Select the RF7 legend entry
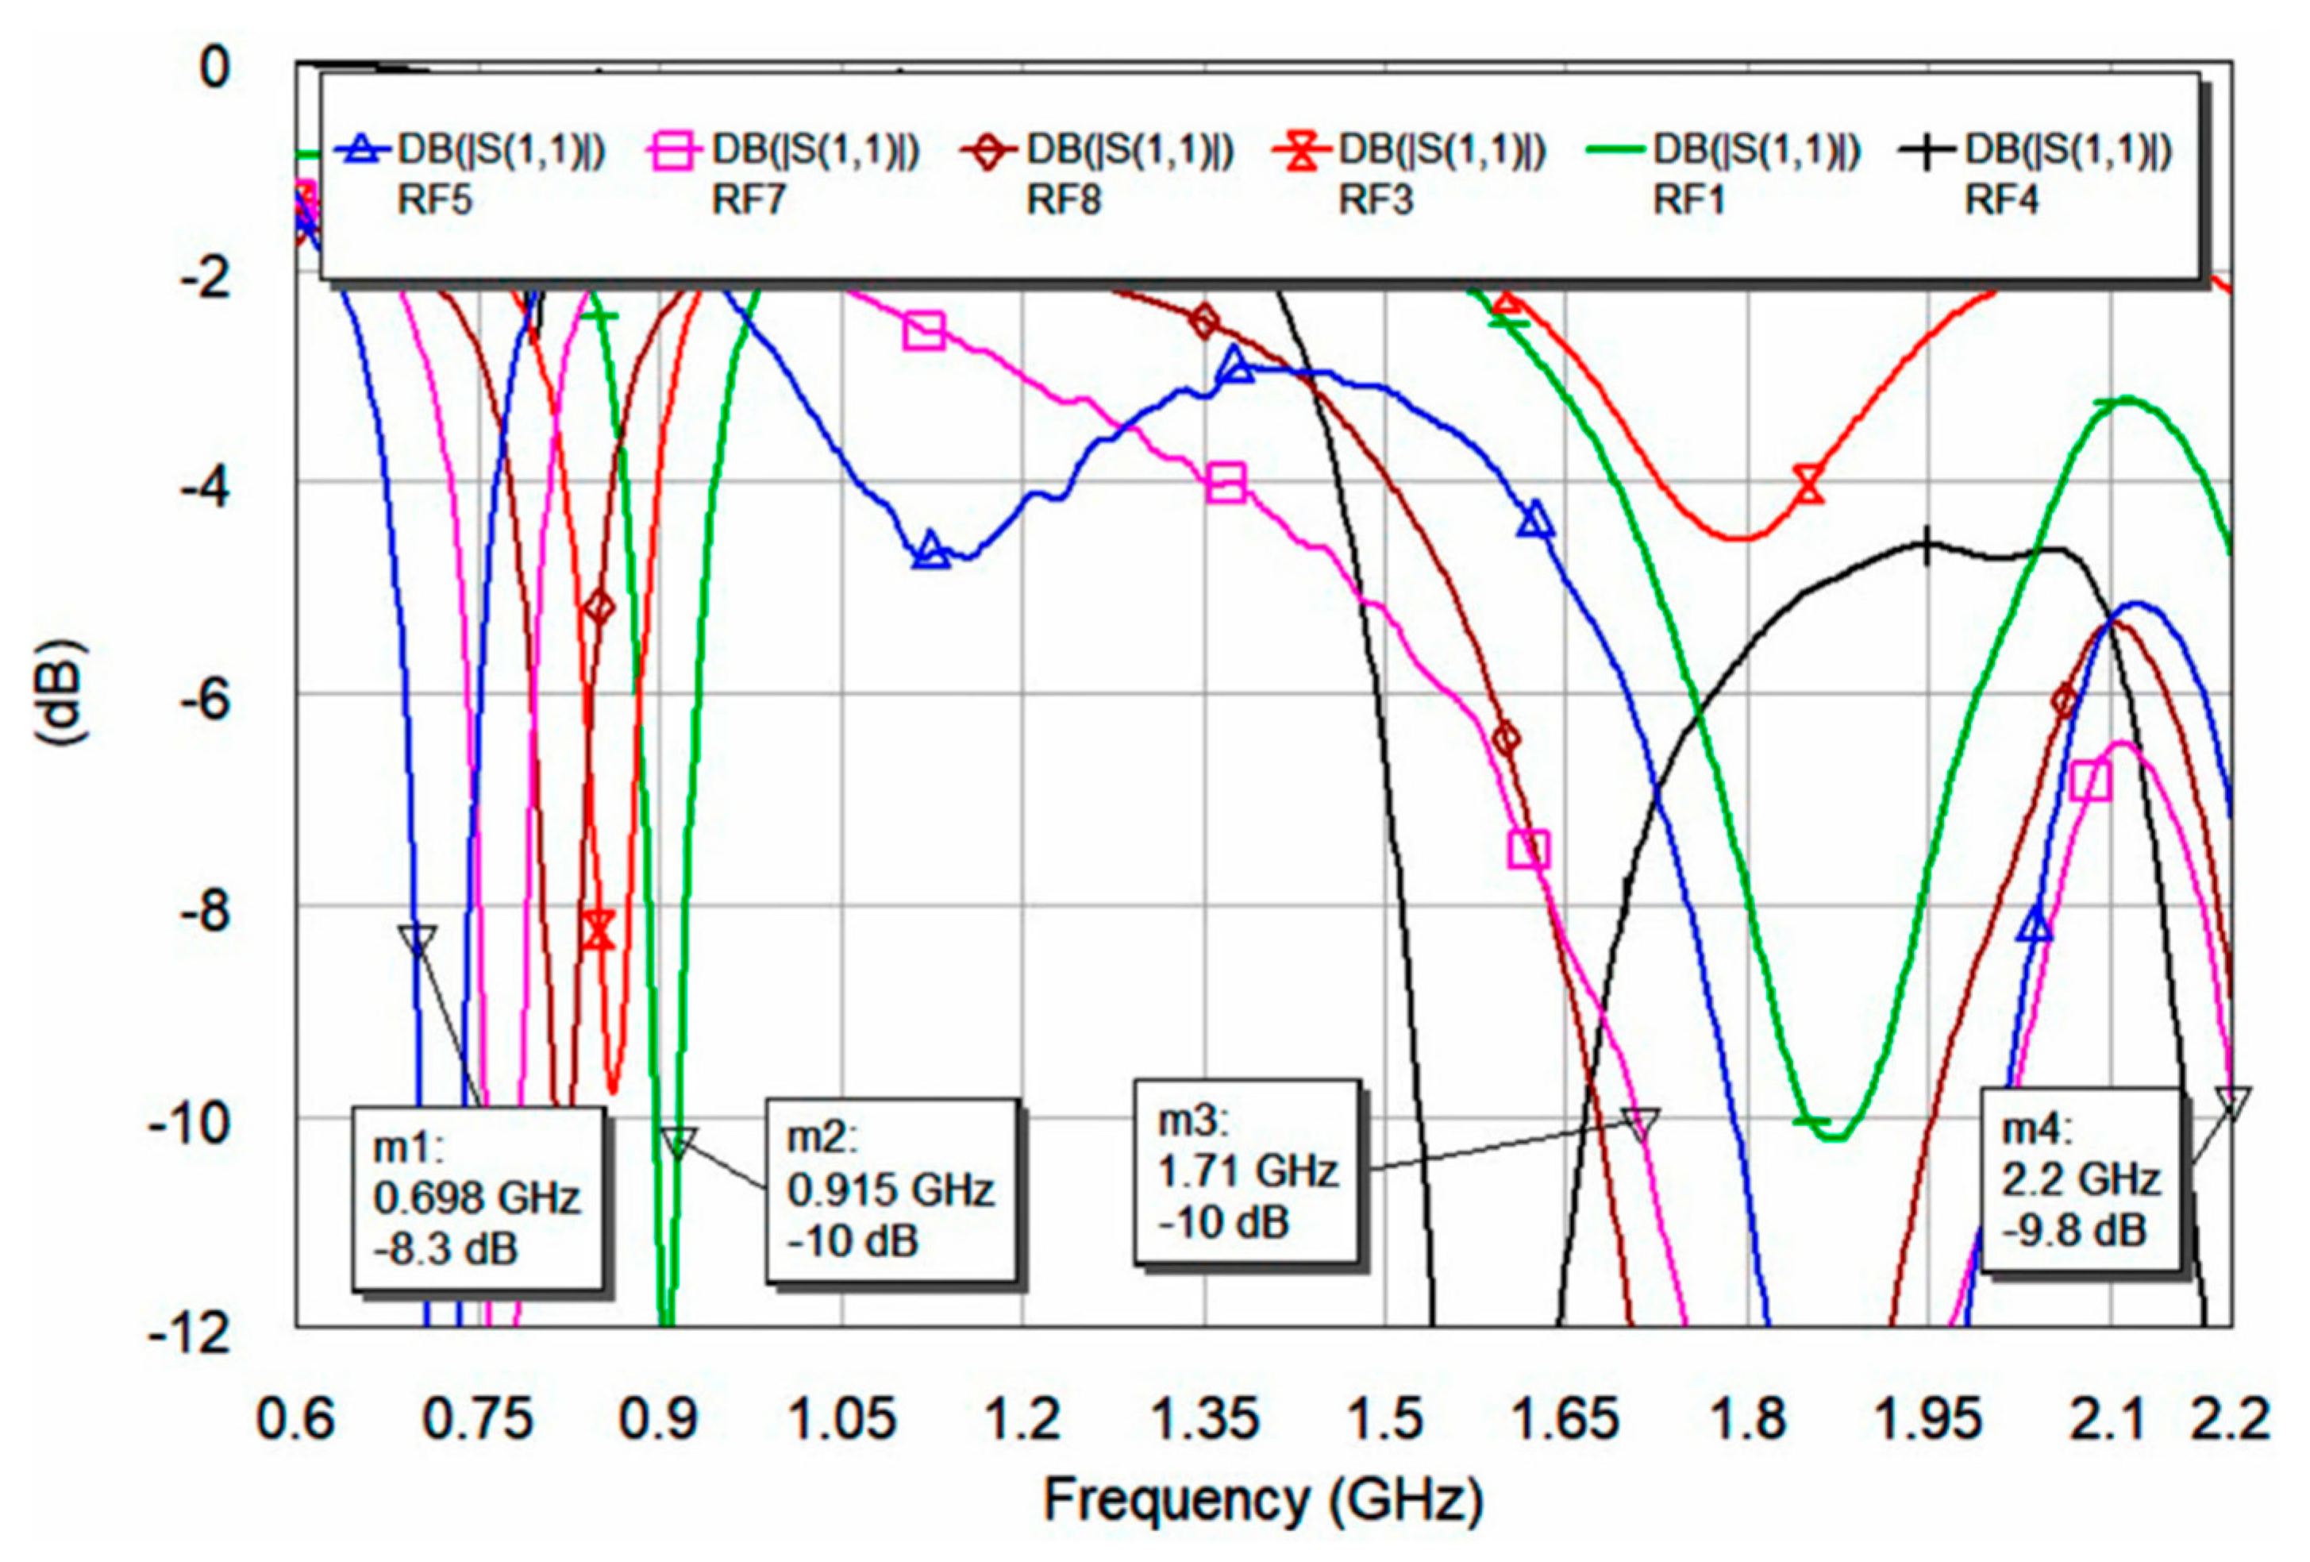(784, 174)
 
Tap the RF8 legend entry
(1099, 174)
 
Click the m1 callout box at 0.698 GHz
(477, 1198)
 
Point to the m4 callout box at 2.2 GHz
(2080, 1180)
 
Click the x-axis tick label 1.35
(1206, 1420)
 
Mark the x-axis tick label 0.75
(478, 1420)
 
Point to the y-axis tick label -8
(204, 912)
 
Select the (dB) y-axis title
(62, 693)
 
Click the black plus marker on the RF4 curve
(1927, 546)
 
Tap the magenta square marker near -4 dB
(1226, 484)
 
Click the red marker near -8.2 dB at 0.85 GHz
(599, 931)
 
